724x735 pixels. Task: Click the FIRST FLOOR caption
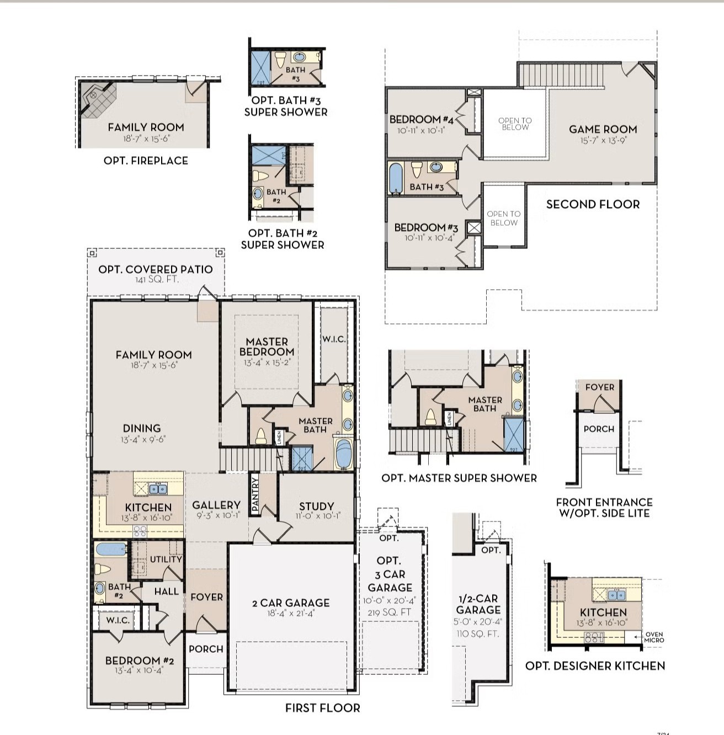322,708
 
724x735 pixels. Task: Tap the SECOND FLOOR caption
593,204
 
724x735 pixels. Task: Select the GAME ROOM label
603,129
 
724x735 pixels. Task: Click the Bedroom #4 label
421,119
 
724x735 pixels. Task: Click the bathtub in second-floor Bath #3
395,178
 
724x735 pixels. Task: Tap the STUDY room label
316,506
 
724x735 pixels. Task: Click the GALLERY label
216,505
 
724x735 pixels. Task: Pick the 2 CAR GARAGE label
291,603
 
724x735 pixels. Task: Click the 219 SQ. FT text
390,612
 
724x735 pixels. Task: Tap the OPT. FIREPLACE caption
146,161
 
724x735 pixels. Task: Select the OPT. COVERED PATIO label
155,269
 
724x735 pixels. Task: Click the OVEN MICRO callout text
654,637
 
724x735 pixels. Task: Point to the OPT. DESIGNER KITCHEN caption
595,666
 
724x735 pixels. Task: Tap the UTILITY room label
166,559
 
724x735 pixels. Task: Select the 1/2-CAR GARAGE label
478,604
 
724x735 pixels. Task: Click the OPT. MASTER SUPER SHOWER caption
459,478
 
